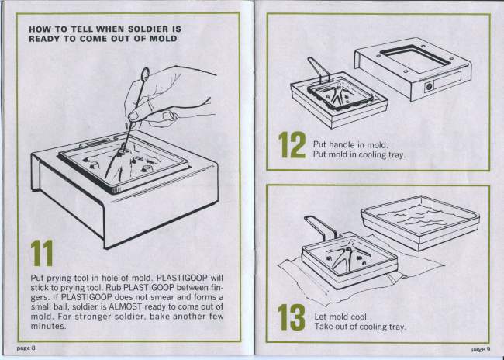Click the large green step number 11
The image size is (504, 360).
tap(42, 253)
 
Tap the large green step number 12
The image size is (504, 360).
tap(292, 145)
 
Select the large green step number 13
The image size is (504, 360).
tap(292, 317)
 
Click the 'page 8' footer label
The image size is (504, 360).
tap(26, 348)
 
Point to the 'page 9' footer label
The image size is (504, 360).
tap(481, 348)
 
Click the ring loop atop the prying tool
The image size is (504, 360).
tap(145, 74)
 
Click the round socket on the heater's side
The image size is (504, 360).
tap(429, 87)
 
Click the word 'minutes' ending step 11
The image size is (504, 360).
tap(47, 326)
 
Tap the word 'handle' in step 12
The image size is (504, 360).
tap(342, 145)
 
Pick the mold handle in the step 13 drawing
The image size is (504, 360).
tap(321, 227)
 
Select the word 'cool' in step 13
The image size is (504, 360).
tap(359, 317)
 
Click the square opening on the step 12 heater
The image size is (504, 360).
tap(416, 59)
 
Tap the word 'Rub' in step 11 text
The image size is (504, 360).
tap(113, 287)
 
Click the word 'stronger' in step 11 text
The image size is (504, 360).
tap(94, 317)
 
